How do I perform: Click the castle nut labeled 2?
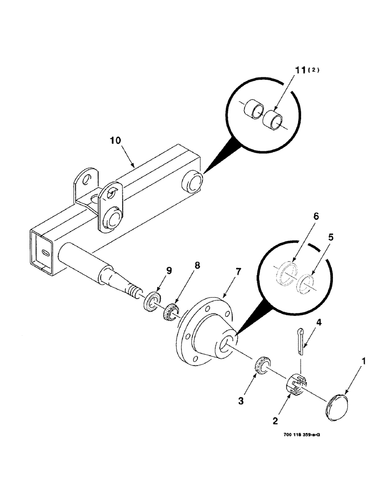(x=297, y=384)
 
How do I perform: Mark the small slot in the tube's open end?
(x=45, y=252)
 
